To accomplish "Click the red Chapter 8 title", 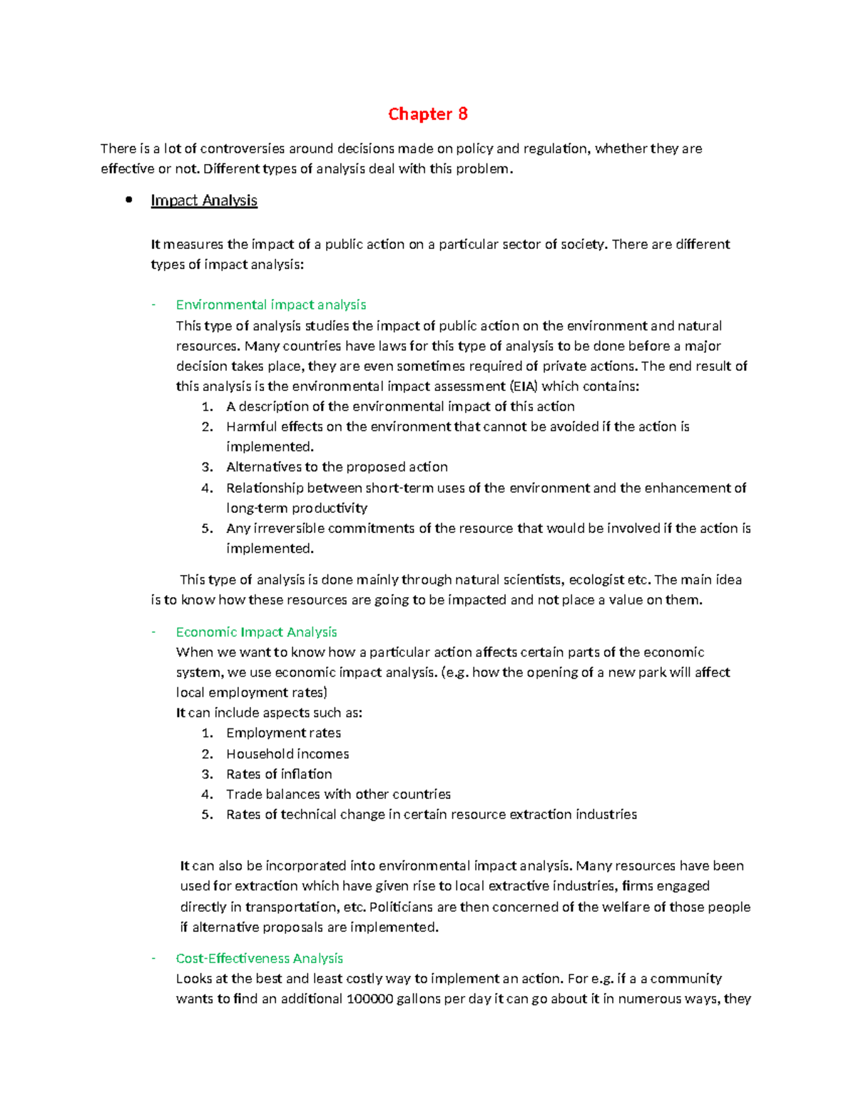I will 427,114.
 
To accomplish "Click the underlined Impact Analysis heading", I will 203,200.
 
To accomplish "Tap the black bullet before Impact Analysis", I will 129,200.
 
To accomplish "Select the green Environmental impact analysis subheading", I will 270,305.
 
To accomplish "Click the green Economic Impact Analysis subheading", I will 256,632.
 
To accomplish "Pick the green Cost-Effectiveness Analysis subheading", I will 259,958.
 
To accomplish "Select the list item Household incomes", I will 287,754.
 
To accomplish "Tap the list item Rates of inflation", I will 279,774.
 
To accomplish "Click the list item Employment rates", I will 283,733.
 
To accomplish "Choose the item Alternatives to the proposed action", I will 337,467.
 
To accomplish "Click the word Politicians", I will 401,907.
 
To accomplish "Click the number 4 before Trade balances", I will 206,794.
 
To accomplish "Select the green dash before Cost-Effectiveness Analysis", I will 153,958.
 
